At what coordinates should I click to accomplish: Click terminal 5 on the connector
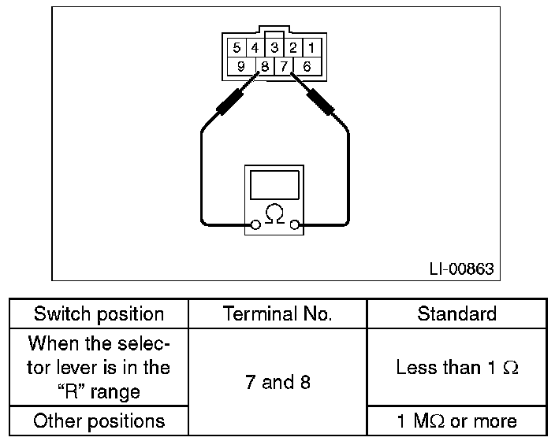[237, 47]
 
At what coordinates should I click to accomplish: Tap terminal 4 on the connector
[255, 47]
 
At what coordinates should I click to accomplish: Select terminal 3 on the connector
[274, 47]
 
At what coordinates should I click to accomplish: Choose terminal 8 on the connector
[264, 66]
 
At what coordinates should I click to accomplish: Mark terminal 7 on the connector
[284, 66]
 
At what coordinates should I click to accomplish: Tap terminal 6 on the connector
[307, 66]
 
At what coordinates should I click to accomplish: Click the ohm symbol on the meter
[274, 213]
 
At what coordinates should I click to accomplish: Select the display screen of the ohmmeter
[274, 185]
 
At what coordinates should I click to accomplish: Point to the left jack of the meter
[255, 226]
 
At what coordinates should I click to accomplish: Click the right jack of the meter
[294, 226]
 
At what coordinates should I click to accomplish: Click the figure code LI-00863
[461, 269]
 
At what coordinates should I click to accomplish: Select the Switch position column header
[99, 314]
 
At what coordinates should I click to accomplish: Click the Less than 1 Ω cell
[456, 368]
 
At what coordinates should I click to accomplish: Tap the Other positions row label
[99, 421]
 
